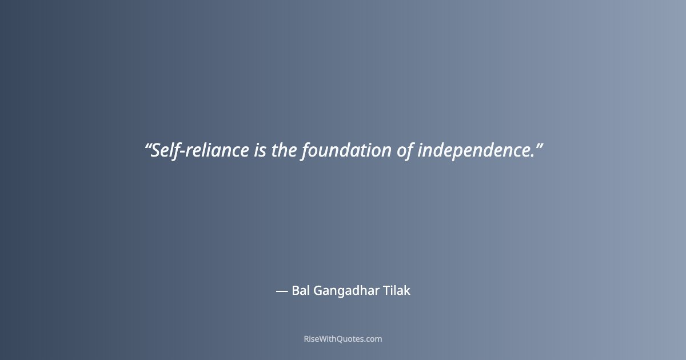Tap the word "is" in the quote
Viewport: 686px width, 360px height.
point(260,151)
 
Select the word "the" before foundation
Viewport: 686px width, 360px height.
point(284,151)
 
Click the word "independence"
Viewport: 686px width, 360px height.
point(472,151)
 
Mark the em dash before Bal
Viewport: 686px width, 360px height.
point(281,291)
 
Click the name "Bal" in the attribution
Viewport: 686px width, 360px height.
point(301,290)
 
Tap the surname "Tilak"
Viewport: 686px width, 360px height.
point(396,290)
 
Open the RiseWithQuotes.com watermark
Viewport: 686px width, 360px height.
point(343,339)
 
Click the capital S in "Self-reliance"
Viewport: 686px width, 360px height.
point(154,151)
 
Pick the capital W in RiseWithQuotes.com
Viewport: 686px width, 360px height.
point(324,339)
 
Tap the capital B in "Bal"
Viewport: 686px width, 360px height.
point(295,290)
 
